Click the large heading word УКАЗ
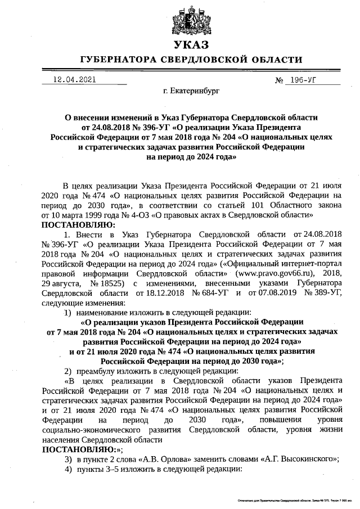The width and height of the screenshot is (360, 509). click(191, 45)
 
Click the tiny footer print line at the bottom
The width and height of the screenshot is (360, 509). click(295, 500)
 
